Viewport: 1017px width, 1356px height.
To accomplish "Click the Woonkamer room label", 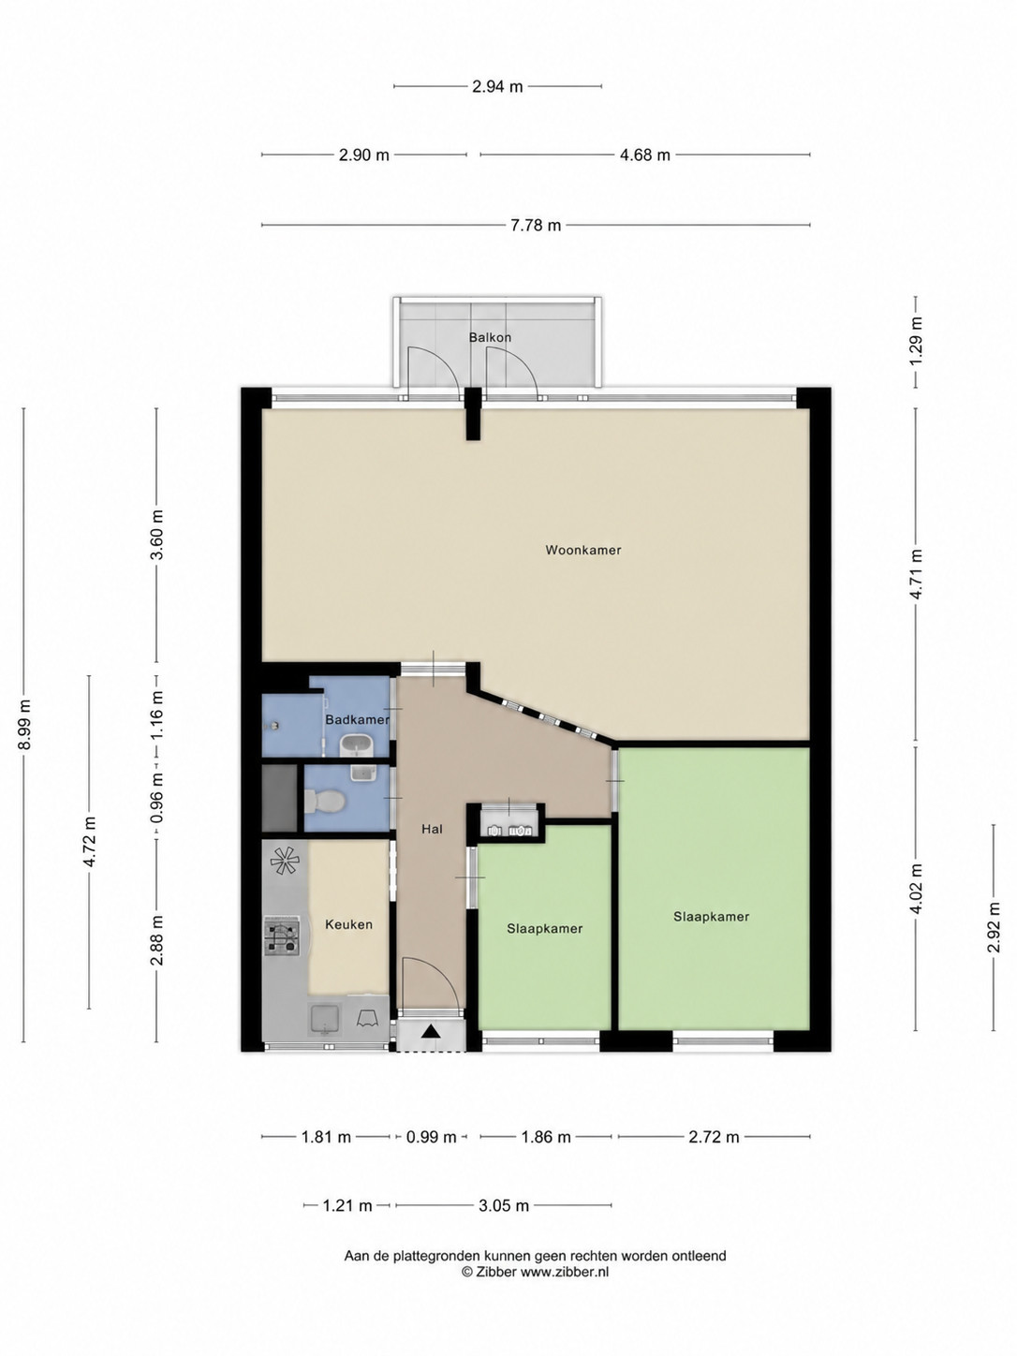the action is tap(582, 550).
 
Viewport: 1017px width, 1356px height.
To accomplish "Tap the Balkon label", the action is tap(490, 337).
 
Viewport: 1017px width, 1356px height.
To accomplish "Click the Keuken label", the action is tap(349, 924).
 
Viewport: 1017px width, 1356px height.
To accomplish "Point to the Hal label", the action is tap(433, 829).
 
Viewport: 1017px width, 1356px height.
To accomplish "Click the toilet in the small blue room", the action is tap(324, 802).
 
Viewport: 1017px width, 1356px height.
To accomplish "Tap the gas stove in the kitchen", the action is tap(282, 936).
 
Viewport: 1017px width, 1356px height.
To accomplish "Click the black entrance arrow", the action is tap(431, 1030).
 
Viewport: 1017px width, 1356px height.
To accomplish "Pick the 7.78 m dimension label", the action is tap(536, 226).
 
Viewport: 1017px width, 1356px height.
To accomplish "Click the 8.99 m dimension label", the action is tap(24, 725).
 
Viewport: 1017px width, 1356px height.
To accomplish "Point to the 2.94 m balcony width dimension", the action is tap(497, 87).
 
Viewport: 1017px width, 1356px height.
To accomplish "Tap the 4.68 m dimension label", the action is tap(644, 155).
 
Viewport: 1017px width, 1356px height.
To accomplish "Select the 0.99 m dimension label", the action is tap(431, 1137).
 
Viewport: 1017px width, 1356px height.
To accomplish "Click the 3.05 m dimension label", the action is tap(504, 1205).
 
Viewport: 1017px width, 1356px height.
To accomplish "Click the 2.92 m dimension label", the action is tap(994, 928).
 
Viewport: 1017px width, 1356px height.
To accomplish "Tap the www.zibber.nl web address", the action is tap(565, 1266).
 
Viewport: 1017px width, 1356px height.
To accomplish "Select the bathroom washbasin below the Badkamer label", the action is tap(356, 745).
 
